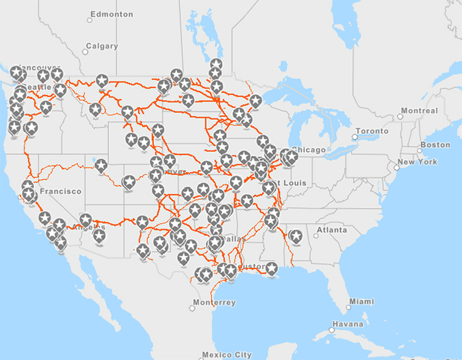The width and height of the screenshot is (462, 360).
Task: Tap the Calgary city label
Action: point(101,47)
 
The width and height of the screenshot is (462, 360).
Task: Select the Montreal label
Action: point(419,110)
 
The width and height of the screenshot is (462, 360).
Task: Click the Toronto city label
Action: point(372,131)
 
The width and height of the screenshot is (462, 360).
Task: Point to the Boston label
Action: point(435,144)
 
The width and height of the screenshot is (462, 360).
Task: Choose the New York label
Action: point(417,162)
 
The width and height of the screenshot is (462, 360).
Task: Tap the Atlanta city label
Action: point(332,230)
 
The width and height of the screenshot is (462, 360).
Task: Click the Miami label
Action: point(361,301)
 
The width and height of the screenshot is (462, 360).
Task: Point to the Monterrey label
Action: point(214,303)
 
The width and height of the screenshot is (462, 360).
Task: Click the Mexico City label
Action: point(227,355)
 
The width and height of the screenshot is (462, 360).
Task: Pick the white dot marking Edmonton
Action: point(90,20)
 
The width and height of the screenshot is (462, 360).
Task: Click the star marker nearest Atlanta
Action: point(296,236)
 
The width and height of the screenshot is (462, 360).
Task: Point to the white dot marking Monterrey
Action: point(192,308)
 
